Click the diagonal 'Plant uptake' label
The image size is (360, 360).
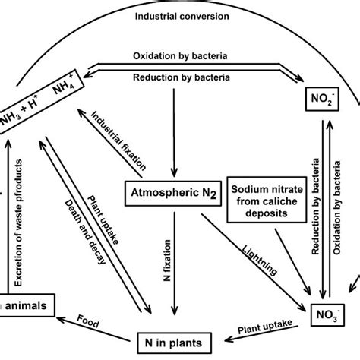(x=103, y=215)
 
